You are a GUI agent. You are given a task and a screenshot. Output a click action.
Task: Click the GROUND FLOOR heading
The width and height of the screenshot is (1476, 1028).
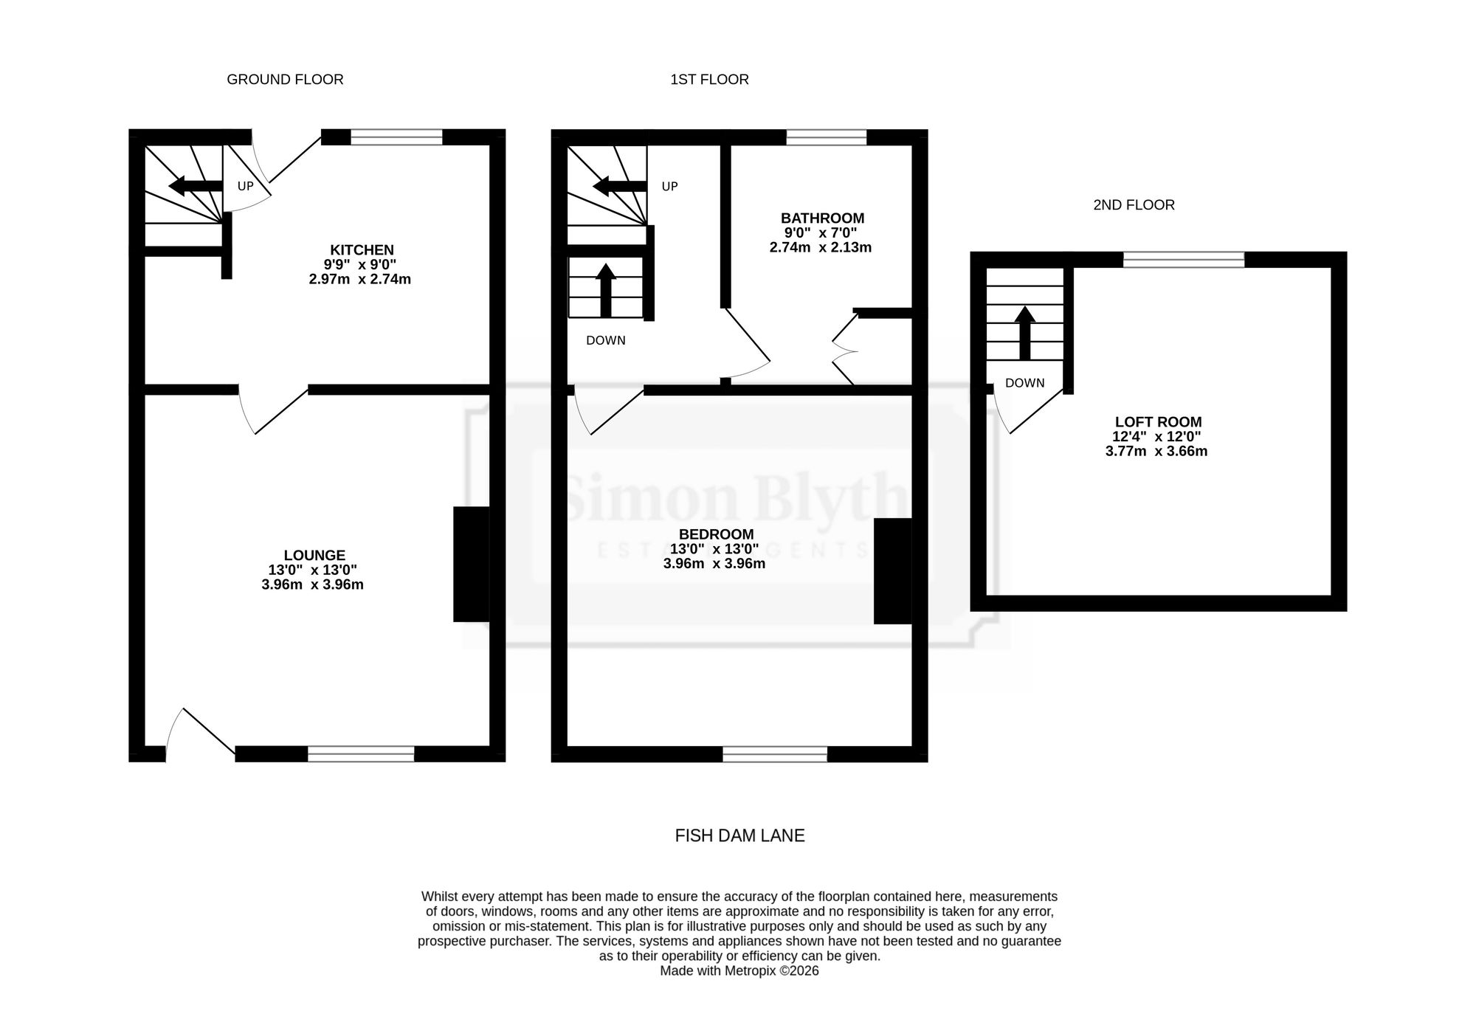coord(285,80)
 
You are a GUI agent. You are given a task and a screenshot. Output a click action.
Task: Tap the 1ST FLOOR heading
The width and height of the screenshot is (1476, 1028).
coord(709,80)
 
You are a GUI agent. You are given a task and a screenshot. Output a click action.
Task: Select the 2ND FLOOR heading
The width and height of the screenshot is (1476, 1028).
coord(1134,205)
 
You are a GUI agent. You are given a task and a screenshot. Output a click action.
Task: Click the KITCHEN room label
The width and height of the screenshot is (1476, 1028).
coord(362,250)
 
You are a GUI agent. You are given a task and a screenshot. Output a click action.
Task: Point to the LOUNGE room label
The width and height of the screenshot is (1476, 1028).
coord(314,556)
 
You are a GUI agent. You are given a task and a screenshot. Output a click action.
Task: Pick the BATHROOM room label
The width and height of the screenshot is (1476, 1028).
coord(822,218)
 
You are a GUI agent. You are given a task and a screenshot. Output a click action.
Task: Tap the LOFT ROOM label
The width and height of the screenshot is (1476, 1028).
coord(1158,422)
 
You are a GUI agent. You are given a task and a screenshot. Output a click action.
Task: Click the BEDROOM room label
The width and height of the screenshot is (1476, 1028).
coord(716,534)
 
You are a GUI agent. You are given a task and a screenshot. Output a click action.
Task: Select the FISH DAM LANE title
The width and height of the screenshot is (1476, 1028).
coord(739,835)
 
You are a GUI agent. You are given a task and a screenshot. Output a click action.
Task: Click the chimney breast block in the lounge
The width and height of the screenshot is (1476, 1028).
coord(472,564)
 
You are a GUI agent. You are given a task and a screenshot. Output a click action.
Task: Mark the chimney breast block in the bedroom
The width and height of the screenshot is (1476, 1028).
coord(893,571)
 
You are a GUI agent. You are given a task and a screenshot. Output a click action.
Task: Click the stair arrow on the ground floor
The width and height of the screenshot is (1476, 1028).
coord(196,186)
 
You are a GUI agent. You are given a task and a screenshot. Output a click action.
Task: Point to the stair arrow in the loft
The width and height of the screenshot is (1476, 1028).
coord(1024,333)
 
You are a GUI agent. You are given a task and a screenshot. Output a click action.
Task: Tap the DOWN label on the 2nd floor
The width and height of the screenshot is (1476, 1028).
coord(1024,383)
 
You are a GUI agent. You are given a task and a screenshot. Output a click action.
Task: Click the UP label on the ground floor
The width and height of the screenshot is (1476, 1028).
coord(245,187)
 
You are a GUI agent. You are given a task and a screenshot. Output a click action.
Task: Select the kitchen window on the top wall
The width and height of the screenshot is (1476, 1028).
coord(396,137)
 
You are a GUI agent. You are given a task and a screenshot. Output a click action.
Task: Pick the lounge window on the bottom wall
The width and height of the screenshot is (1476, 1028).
coord(361,753)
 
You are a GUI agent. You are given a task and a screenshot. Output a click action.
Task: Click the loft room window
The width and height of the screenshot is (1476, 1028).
coord(1184,259)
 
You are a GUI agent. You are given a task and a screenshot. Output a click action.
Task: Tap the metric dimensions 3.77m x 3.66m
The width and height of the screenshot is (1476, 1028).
coord(1156,452)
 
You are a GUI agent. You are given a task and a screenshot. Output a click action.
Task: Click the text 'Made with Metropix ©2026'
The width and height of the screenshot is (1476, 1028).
coord(739,971)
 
